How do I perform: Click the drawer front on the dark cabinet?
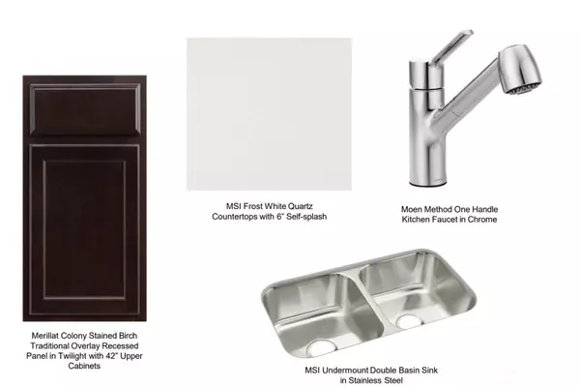(85, 109)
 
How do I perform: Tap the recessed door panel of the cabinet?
(84, 229)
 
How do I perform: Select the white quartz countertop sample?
(270, 114)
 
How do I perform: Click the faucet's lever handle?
(452, 46)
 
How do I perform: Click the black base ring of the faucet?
(428, 184)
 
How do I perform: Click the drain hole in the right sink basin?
(409, 321)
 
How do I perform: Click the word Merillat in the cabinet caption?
(45, 336)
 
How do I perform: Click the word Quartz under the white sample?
(300, 206)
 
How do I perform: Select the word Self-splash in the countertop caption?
(306, 217)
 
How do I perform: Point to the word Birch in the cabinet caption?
(128, 336)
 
